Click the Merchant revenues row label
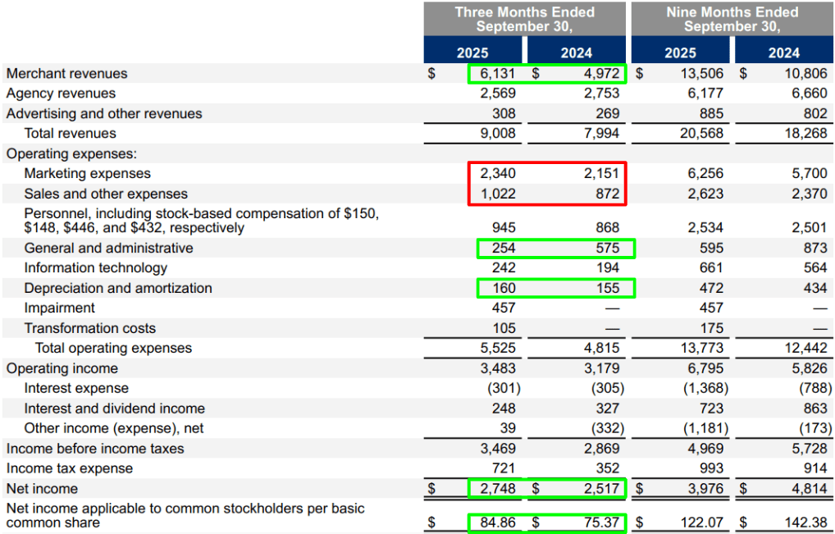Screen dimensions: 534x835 point(67,74)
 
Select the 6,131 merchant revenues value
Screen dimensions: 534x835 point(498,74)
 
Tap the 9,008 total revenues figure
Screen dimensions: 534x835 point(498,133)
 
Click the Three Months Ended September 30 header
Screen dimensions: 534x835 point(524,19)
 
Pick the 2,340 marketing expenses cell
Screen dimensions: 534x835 point(498,174)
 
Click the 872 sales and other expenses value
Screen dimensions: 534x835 point(607,194)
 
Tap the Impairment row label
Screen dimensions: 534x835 point(59,308)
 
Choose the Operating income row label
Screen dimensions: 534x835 point(62,368)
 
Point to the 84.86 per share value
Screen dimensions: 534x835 point(498,523)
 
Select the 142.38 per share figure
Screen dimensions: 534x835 point(805,523)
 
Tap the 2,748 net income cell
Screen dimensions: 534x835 point(498,489)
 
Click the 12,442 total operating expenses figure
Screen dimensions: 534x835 point(805,349)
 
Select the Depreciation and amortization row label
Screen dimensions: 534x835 point(118,288)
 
